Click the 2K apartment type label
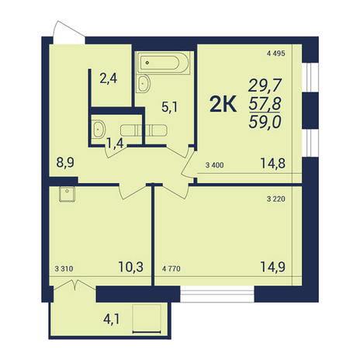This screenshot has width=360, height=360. pyautogui.click(x=223, y=105)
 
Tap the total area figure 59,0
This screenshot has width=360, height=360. pyautogui.click(x=265, y=122)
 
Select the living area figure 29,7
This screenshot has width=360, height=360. pyautogui.click(x=265, y=85)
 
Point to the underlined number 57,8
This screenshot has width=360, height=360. pyautogui.click(x=265, y=104)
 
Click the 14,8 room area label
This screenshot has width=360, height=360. pyautogui.click(x=273, y=164)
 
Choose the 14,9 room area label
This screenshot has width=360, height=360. pyautogui.click(x=273, y=267)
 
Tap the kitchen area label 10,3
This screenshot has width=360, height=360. pyautogui.click(x=131, y=267)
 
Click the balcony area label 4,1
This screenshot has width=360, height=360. pyautogui.click(x=112, y=320)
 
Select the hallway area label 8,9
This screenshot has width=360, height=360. pyautogui.click(x=65, y=164)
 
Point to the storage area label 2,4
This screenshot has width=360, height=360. pyautogui.click(x=109, y=78)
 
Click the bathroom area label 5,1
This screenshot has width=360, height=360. pyautogui.click(x=169, y=107)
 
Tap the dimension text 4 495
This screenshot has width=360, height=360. pyautogui.click(x=276, y=54)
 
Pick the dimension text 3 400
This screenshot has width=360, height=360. pyautogui.click(x=215, y=165)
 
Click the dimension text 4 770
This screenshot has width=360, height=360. pyautogui.click(x=171, y=269)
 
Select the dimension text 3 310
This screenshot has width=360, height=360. pyautogui.click(x=64, y=269)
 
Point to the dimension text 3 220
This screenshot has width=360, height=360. pyautogui.click(x=276, y=199)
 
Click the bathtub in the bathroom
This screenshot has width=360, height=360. pyautogui.click(x=163, y=63)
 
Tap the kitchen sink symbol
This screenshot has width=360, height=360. pyautogui.click(x=67, y=194)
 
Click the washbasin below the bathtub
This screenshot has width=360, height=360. pyautogui.click(x=143, y=84)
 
